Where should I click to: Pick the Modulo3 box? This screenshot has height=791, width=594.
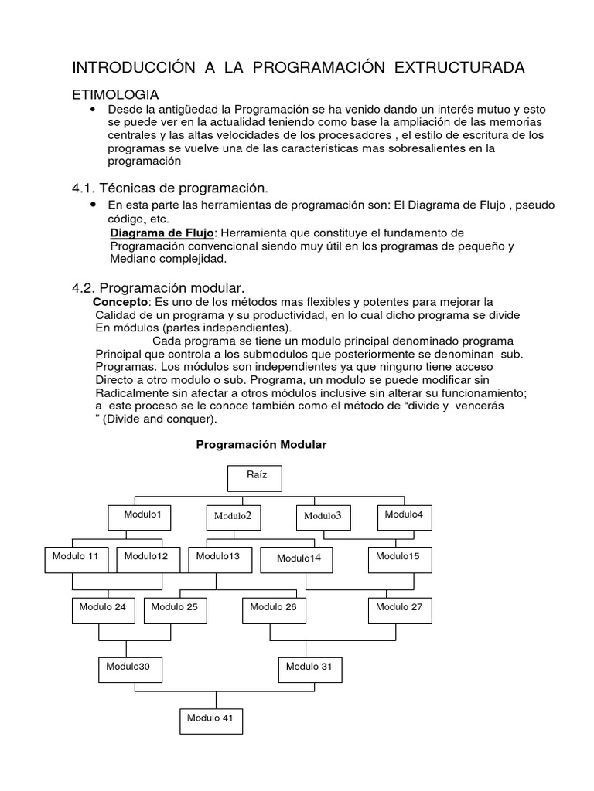pos(323,518)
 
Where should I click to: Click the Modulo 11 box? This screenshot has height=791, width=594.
pos(76,559)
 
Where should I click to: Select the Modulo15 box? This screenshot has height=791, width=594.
pos(399,559)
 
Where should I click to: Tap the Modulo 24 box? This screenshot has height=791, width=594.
pos(103,610)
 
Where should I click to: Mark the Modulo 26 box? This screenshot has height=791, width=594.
pos(274,610)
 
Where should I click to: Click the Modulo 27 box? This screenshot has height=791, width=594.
pos(399,610)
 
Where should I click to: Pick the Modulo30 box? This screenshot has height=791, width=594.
pos(130,670)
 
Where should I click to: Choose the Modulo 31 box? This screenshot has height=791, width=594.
pos(309,670)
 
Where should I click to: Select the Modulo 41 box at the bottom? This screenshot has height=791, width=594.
pos(211,721)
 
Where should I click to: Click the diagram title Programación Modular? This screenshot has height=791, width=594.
pos(261,445)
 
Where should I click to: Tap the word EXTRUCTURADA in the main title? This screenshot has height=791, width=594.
pos(460,68)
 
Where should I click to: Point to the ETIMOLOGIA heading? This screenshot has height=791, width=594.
pos(115,94)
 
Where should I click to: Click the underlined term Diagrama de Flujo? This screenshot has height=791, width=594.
pos(161,233)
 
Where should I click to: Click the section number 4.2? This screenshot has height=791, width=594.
pos(83,287)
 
